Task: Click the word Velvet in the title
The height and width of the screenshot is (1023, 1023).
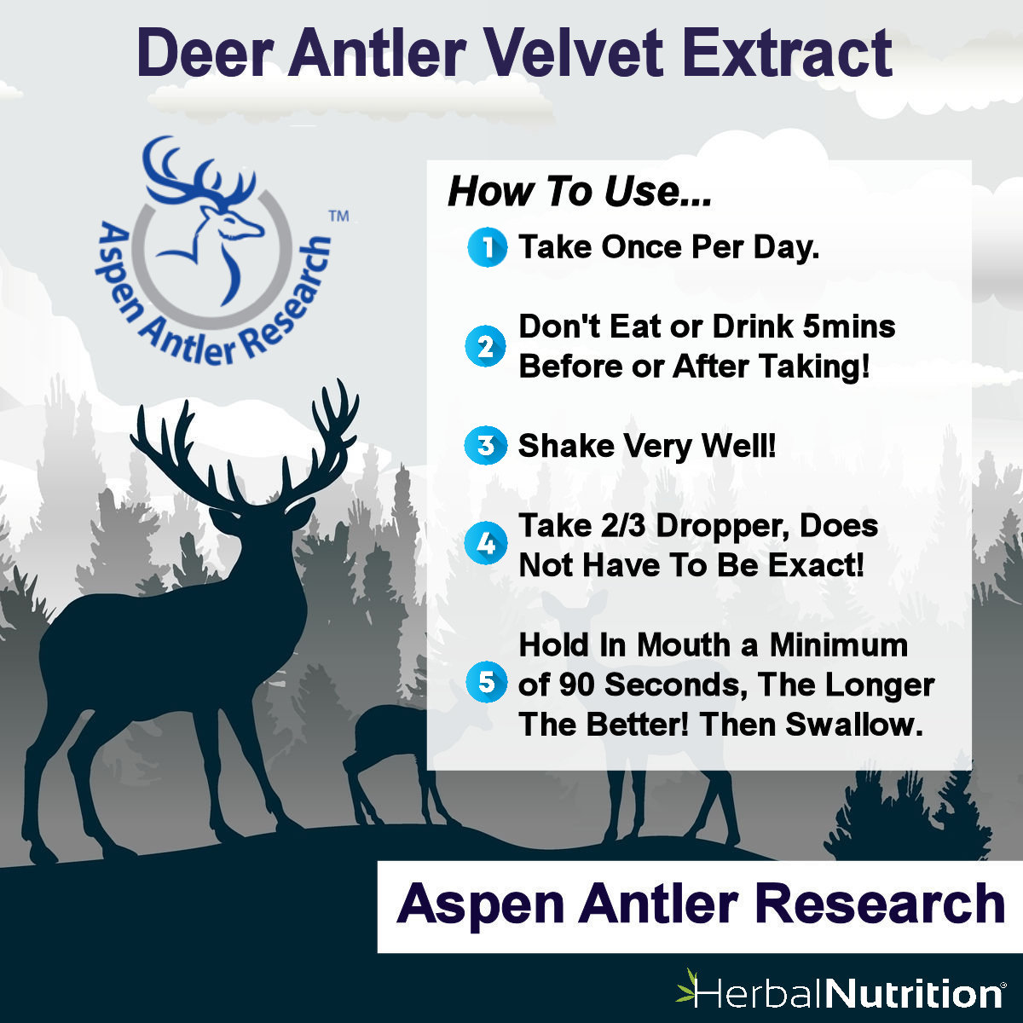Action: pyautogui.click(x=574, y=53)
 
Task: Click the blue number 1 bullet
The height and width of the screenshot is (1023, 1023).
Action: pyautogui.click(x=487, y=247)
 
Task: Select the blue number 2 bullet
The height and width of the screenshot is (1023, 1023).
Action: pyautogui.click(x=485, y=346)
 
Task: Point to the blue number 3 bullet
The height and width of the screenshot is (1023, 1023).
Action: pyautogui.click(x=485, y=445)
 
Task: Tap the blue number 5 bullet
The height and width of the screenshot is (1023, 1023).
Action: pyautogui.click(x=485, y=683)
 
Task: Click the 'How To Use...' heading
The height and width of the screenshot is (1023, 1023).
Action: pyautogui.click(x=580, y=192)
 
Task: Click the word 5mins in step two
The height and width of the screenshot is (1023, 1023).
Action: pyautogui.click(x=849, y=327)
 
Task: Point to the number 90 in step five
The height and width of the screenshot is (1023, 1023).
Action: pyautogui.click(x=576, y=685)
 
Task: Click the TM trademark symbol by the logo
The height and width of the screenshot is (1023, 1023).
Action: pyautogui.click(x=338, y=217)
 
